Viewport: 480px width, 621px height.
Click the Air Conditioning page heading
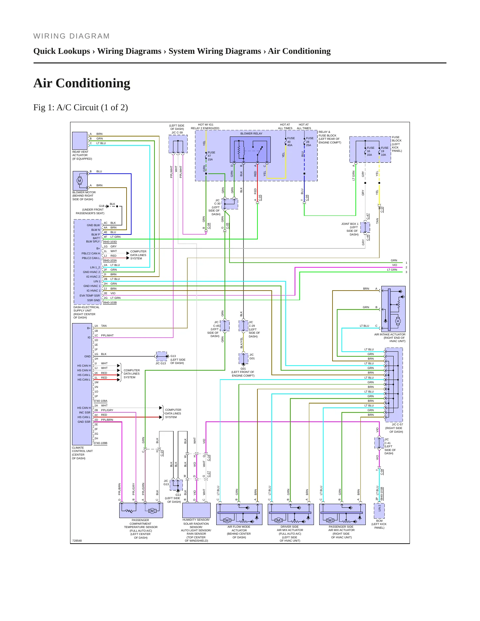click(82, 83)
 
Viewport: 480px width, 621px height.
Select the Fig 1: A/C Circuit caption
click(81, 107)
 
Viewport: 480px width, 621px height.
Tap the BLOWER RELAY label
click(251, 133)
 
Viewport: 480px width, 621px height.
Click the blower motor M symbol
click(79, 181)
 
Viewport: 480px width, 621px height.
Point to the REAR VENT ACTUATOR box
click(80, 141)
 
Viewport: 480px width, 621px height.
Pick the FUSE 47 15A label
click(211, 156)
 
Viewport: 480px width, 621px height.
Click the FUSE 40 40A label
click(291, 141)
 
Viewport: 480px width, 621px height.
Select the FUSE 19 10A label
click(384, 151)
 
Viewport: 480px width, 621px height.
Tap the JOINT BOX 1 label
click(350, 224)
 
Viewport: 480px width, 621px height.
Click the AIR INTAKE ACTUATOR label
click(390, 334)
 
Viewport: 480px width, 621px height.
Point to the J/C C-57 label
click(397, 424)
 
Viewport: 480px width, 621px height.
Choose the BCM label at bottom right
click(379, 521)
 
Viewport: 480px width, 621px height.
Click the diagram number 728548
click(77, 541)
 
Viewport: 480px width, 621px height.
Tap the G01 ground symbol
click(243, 364)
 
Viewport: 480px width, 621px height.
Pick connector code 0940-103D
click(110, 242)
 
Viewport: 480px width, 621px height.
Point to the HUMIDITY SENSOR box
click(197, 510)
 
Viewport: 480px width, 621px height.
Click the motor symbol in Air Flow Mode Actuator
click(227, 520)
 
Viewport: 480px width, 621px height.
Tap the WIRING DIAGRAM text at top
click(71, 36)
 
